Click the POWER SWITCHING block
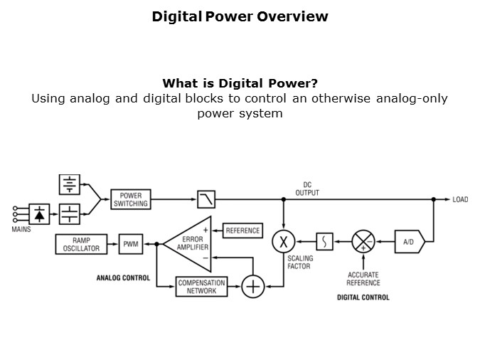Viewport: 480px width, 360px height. click(131, 199)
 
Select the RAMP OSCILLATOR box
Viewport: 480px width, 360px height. click(82, 244)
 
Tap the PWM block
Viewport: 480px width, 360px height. click(131, 244)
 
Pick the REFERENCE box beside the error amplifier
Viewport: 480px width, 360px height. click(242, 231)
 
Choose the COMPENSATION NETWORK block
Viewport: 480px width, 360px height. click(201, 287)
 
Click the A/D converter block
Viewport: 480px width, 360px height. click(410, 242)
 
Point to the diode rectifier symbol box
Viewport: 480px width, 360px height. click(39, 214)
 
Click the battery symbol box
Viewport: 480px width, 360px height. click(70, 184)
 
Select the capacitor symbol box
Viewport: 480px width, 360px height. click(70, 214)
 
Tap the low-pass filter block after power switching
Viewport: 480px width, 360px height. click(206, 199)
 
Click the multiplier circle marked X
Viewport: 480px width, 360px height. click(284, 242)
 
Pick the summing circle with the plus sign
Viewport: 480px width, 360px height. click(253, 287)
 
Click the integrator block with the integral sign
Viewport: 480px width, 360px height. click(324, 242)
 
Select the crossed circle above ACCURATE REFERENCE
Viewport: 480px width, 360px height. click(363, 242)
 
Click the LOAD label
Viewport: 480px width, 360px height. click(460, 199)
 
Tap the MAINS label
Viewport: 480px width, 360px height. click(21, 229)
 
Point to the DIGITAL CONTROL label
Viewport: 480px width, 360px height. click(363, 297)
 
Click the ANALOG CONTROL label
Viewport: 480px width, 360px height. click(123, 278)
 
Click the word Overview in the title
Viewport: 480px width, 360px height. click(292, 16)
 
